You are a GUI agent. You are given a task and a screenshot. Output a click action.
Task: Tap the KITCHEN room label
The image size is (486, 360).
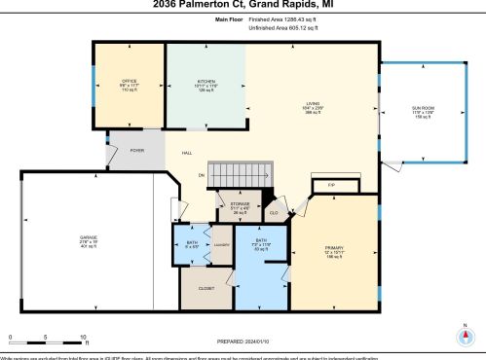pyautogui.click(x=206, y=82)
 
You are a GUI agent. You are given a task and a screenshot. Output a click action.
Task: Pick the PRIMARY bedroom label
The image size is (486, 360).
pyautogui.click(x=335, y=248)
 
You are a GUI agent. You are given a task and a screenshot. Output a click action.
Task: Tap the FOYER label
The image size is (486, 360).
pyautogui.click(x=137, y=151)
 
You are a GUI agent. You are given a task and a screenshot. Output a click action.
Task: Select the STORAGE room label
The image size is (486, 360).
pyautogui.click(x=241, y=203)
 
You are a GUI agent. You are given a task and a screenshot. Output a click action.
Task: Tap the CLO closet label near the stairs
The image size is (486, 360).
pyautogui.click(x=275, y=212)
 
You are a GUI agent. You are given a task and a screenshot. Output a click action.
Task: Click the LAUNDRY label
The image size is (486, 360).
pyautogui.click(x=221, y=245)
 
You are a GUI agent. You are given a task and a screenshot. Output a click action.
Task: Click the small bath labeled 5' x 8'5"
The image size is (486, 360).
pyautogui.click(x=190, y=245)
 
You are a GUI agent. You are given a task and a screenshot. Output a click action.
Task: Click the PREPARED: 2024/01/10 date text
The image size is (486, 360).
pyautogui.click(x=242, y=341)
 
